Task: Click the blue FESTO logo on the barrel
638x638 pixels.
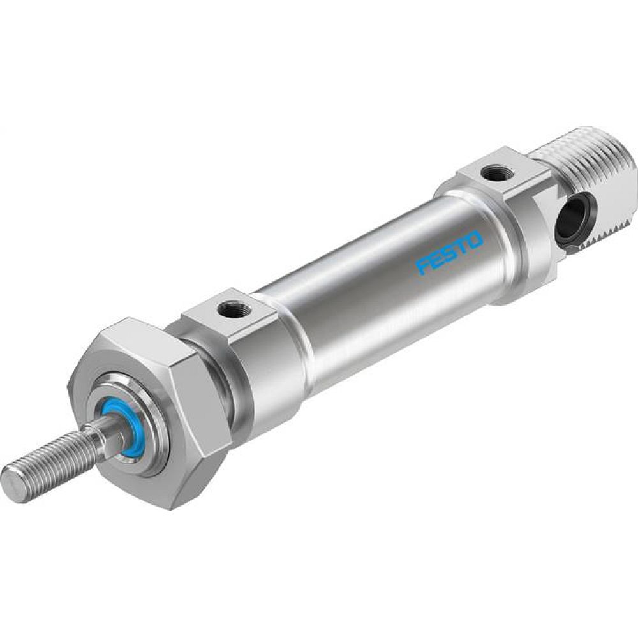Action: (449, 253)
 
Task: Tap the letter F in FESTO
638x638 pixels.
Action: (422, 267)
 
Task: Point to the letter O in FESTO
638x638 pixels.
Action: (475, 240)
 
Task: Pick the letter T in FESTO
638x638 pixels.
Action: (461, 247)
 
